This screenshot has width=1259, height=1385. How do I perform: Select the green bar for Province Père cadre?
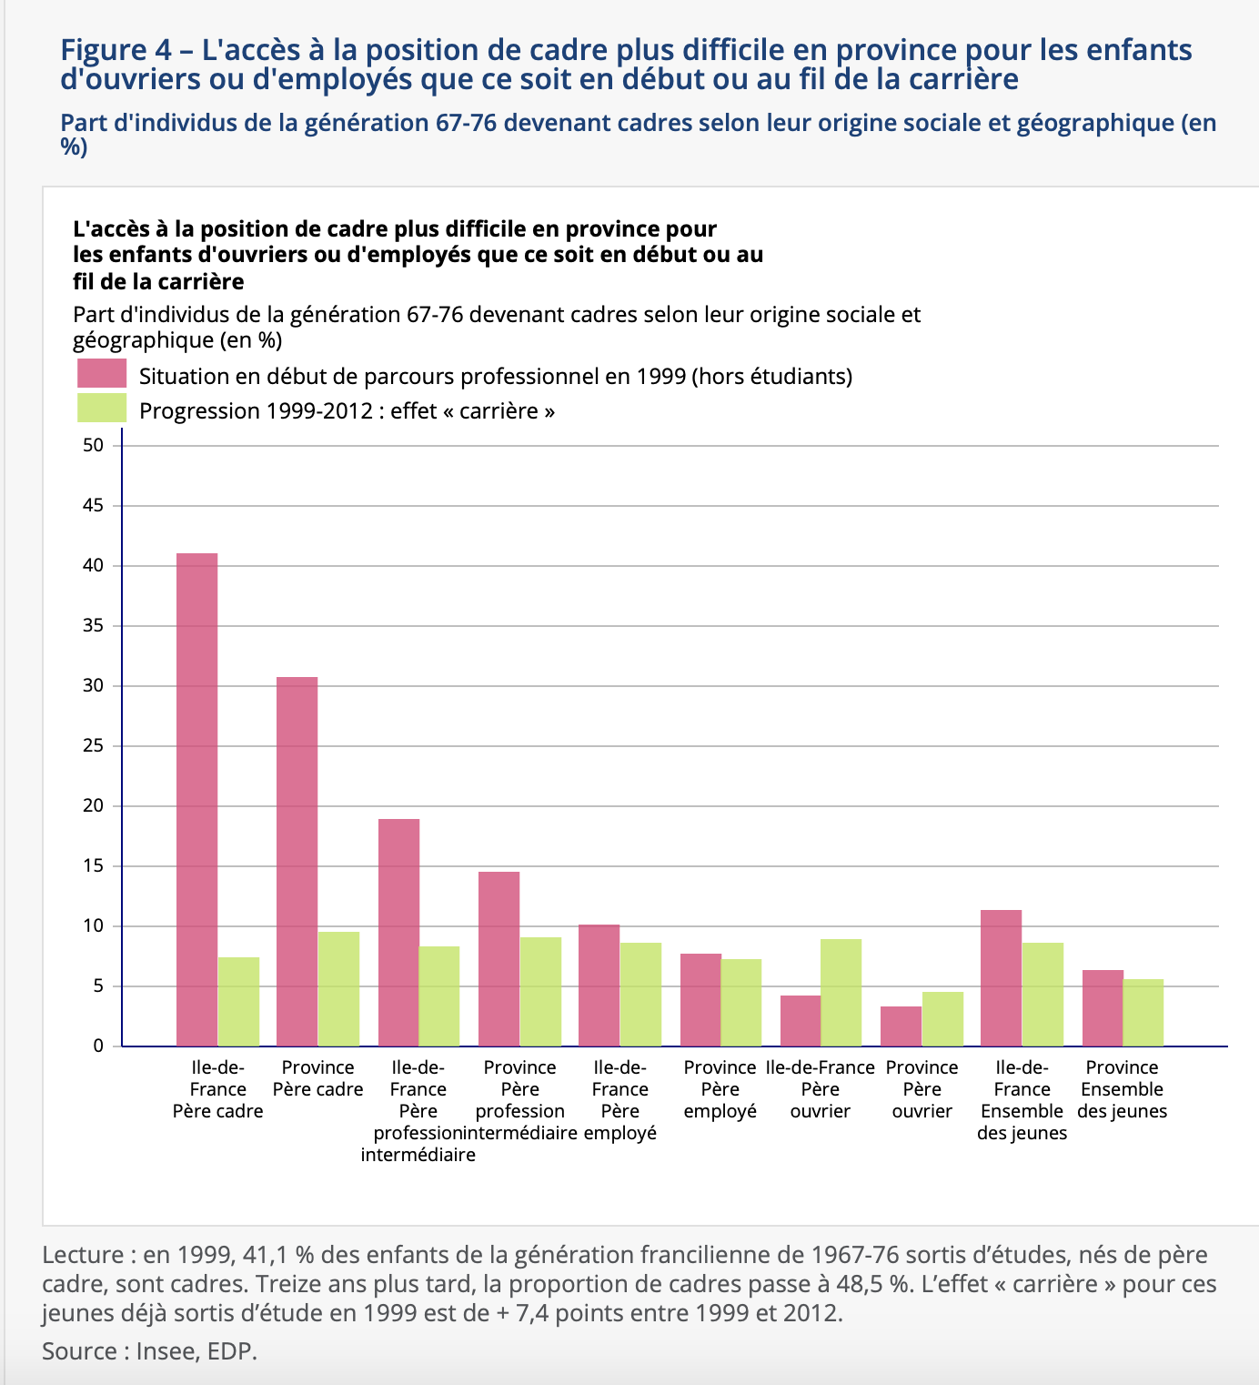coord(338,988)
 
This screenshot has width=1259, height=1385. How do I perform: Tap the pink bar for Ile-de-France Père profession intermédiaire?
coord(398,932)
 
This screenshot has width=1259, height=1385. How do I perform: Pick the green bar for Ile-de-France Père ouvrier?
coord(841,992)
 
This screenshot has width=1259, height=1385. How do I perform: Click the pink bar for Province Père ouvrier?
coord(901,1026)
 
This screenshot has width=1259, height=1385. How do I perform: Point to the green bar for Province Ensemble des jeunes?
coord(1143,1012)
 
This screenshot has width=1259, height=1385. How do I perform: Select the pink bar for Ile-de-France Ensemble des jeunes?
coord(1001,977)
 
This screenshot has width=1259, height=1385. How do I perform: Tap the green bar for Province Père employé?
coord(740,1002)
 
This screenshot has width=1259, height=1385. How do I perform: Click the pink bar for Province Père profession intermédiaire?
coord(499,958)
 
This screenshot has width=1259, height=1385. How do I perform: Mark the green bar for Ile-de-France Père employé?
coord(640,994)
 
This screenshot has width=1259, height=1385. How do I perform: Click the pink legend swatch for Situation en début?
coord(102,374)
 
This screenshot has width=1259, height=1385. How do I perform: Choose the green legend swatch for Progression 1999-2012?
coord(102,409)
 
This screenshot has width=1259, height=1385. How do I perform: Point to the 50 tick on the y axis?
coord(94,445)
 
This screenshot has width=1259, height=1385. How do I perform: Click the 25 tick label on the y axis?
coord(94,746)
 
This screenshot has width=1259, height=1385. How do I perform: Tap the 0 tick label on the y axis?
coord(98,1046)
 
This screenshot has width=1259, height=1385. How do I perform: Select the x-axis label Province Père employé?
coord(720,1089)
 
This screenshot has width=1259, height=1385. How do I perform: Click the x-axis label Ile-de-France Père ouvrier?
coord(820,1089)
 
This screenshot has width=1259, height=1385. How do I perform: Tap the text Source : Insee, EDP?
coord(150,1351)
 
